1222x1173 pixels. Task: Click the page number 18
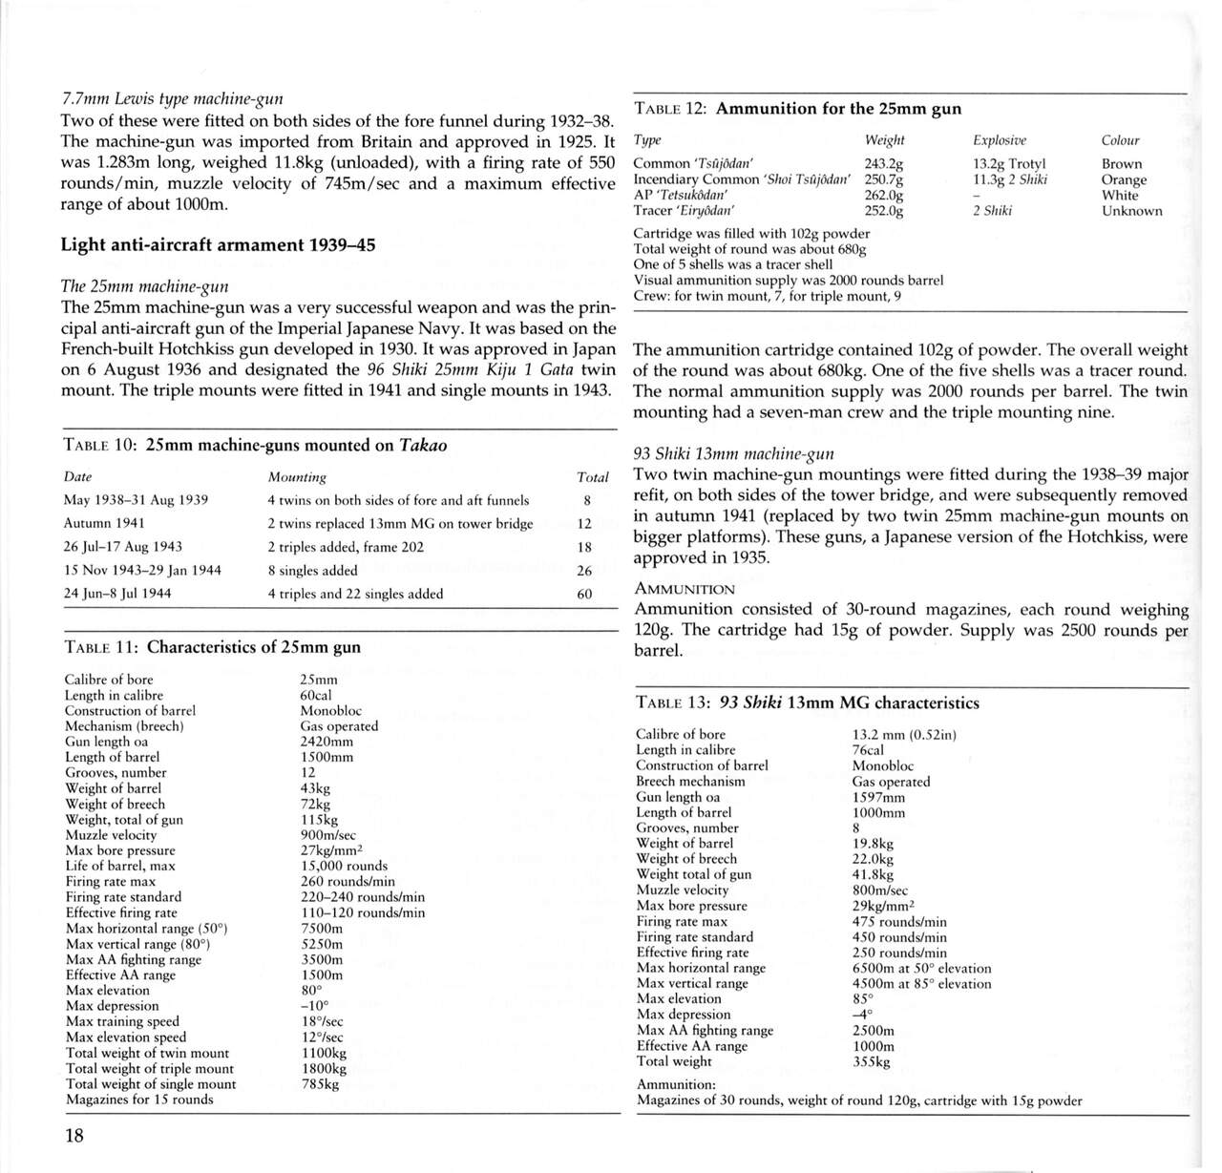click(x=74, y=1135)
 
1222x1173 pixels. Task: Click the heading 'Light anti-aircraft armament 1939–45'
click(x=218, y=244)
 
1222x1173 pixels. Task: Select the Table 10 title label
click(x=255, y=445)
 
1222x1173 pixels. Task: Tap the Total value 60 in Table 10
click(x=584, y=594)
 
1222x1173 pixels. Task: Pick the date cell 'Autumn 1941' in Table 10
click(x=104, y=523)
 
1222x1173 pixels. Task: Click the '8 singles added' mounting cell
click(x=313, y=570)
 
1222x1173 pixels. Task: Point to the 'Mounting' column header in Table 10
click(x=297, y=477)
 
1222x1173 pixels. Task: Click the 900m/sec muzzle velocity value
click(x=327, y=835)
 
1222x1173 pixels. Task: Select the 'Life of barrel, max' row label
click(x=120, y=866)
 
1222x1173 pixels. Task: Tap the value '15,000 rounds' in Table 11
click(x=344, y=866)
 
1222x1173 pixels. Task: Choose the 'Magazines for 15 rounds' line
click(x=139, y=1100)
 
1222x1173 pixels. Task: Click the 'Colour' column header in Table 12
click(x=1120, y=140)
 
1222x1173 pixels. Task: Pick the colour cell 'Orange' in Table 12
click(x=1124, y=179)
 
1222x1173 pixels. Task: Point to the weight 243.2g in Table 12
click(x=884, y=164)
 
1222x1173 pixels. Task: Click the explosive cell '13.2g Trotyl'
click(x=1009, y=164)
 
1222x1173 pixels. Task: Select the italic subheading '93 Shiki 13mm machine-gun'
click(x=733, y=453)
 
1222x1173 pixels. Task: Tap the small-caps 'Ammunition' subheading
click(x=684, y=589)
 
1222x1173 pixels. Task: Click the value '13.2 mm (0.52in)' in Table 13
click(x=904, y=734)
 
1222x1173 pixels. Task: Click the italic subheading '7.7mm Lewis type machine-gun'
click(x=171, y=99)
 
